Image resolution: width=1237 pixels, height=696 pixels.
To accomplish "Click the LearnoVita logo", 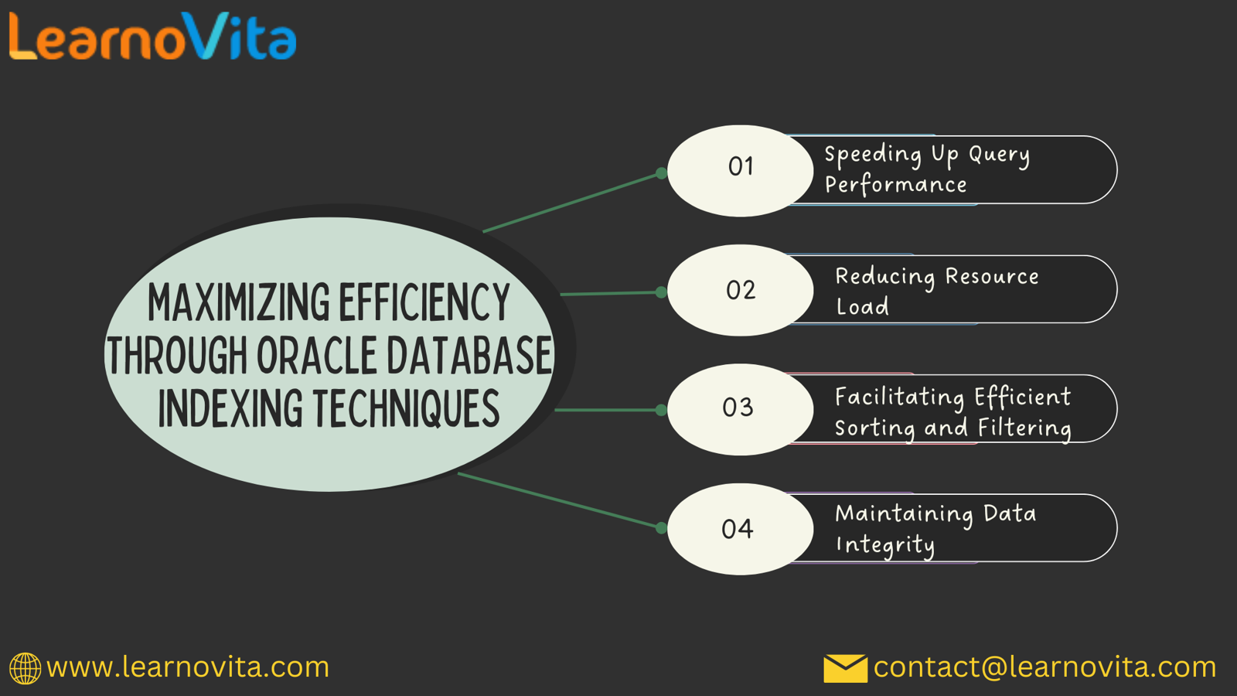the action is pos(153,36).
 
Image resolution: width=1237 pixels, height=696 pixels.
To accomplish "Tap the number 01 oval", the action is pos(741,171).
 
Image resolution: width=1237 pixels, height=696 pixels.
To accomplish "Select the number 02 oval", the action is pos(741,290).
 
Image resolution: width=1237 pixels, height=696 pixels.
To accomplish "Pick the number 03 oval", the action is pos(741,409).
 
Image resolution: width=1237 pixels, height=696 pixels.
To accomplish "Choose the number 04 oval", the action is pos(741,529).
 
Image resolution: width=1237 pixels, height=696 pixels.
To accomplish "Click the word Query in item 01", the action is pos(999,155).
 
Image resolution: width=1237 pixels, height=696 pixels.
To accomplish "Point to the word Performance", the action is pos(896,186).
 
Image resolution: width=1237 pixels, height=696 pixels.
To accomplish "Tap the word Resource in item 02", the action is pos(992,276).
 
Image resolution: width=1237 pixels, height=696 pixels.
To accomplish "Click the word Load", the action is pos(862,306).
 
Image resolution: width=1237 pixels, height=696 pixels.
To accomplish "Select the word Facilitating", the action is pos(900,397).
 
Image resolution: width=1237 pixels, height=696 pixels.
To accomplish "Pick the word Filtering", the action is pos(1024,428).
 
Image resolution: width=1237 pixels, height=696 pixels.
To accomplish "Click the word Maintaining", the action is pos(904,515).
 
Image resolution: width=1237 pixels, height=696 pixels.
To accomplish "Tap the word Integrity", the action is pos(885,545).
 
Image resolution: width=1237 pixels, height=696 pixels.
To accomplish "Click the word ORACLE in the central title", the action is pos(317,356).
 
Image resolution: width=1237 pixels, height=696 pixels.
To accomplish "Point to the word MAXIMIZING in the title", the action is pos(239,302).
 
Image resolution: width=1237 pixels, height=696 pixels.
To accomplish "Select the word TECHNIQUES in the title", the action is pos(407,408).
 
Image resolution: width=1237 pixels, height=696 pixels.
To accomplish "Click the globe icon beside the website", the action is pos(25,668).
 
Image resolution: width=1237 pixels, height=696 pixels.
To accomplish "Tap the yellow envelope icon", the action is pos(845,668).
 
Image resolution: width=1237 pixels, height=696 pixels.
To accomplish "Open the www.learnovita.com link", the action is pos(188,667).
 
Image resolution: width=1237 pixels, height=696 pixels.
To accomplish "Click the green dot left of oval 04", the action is pos(661,528).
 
